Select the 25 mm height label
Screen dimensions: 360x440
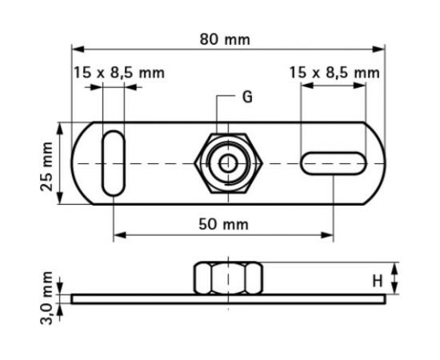47,164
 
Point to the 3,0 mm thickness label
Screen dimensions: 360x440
47,298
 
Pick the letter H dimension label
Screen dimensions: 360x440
377,280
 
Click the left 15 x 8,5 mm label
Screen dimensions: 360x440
118,73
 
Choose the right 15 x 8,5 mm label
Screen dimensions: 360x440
334,73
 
